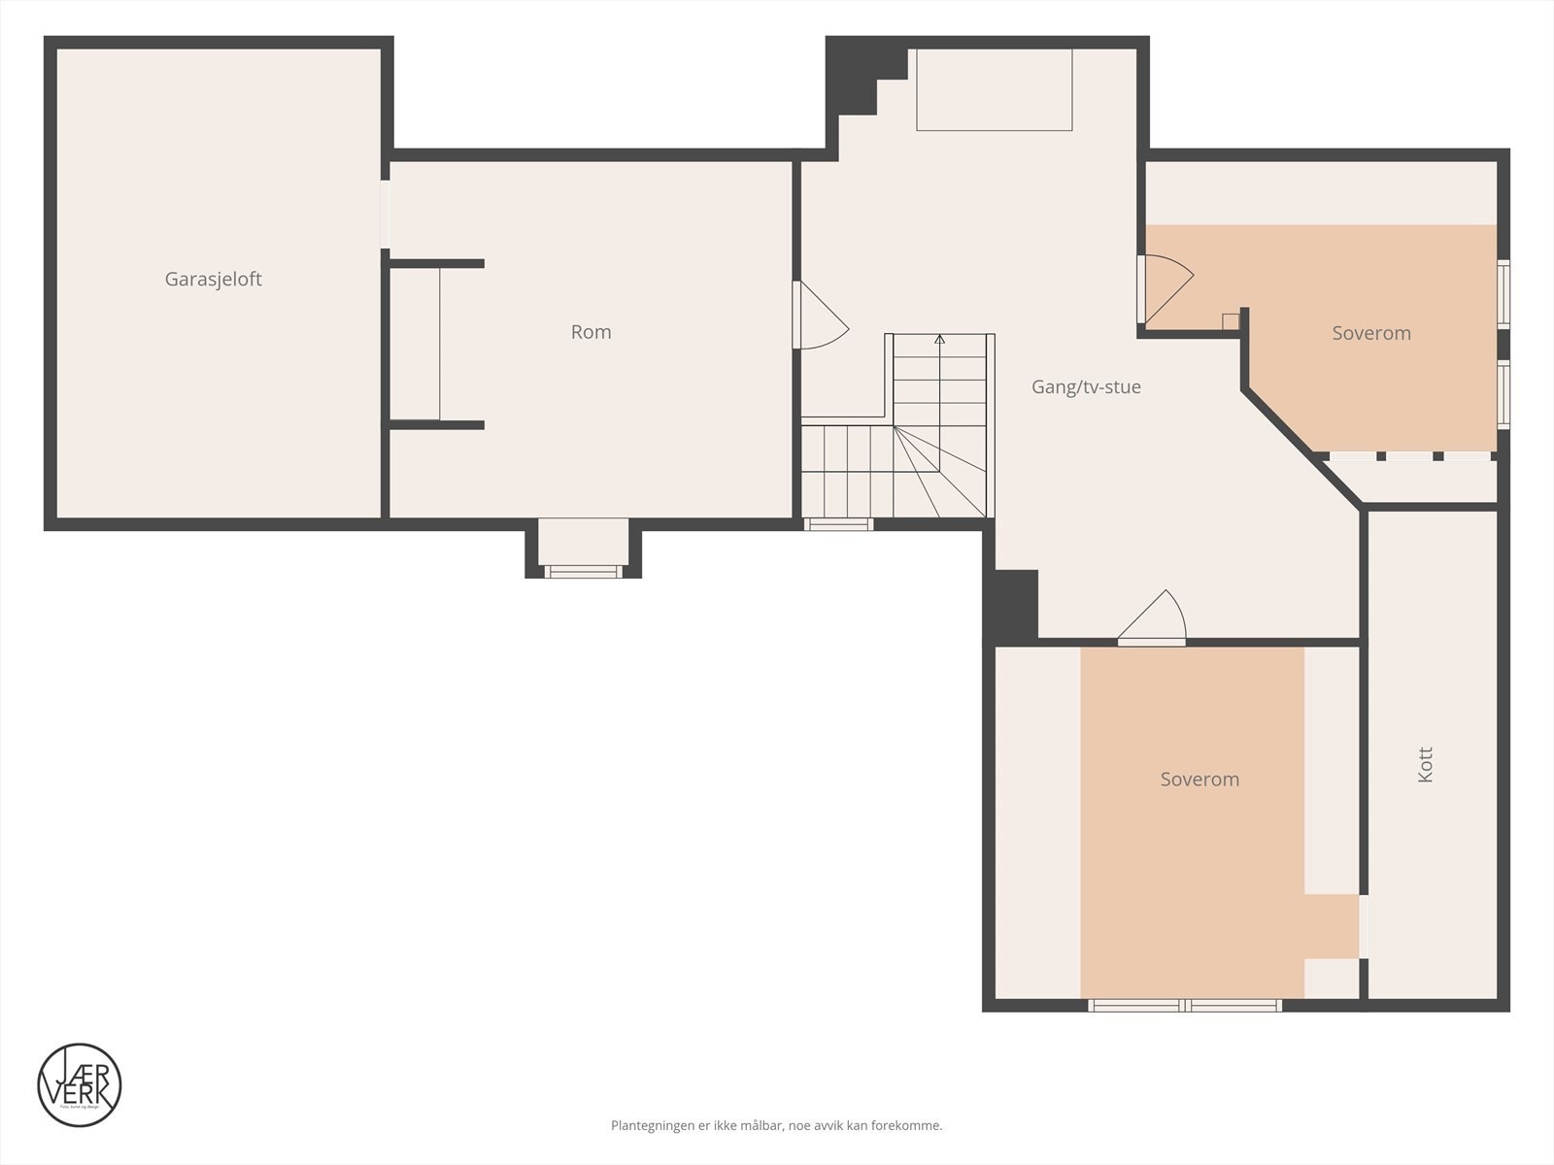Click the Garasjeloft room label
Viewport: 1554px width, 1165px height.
pyautogui.click(x=213, y=280)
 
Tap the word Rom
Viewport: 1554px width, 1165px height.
pyautogui.click(x=591, y=332)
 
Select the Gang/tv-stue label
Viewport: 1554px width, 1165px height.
pyautogui.click(x=1085, y=387)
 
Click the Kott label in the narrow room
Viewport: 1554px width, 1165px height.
pyautogui.click(x=1425, y=765)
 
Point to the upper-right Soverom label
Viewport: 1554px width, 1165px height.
pyautogui.click(x=1370, y=333)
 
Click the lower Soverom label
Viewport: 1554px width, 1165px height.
pyautogui.click(x=1199, y=780)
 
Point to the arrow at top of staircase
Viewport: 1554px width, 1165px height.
pyautogui.click(x=939, y=339)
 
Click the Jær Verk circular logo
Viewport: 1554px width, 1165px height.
pyautogui.click(x=80, y=1085)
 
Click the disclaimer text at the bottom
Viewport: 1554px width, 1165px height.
pyautogui.click(x=776, y=1126)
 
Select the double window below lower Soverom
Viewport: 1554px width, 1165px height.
pyautogui.click(x=1185, y=1005)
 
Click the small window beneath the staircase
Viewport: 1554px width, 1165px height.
pyautogui.click(x=837, y=524)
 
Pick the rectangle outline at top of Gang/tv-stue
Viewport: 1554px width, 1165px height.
pyautogui.click(x=994, y=89)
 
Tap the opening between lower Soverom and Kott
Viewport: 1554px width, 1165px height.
pyautogui.click(x=1364, y=927)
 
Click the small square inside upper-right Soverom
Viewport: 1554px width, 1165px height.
pyautogui.click(x=1230, y=321)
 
